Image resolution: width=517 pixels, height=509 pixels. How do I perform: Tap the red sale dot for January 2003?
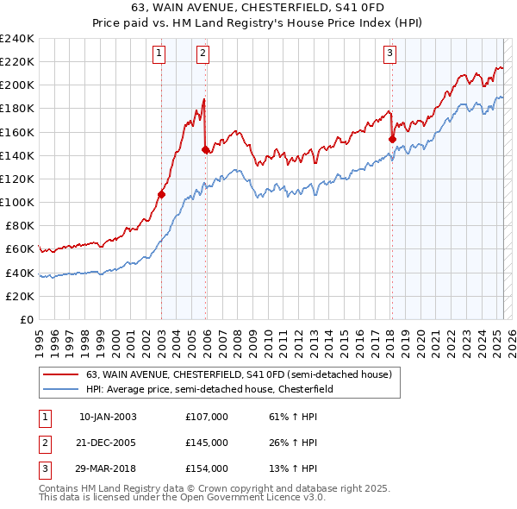[161, 194]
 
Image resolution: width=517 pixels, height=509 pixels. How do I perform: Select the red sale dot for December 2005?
[206, 150]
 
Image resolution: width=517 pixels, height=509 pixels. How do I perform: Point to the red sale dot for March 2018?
[392, 139]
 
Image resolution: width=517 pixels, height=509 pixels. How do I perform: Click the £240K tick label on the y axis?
[17, 39]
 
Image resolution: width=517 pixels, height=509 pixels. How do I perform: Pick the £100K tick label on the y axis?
[17, 202]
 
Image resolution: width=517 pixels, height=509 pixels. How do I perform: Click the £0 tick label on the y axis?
[26, 319]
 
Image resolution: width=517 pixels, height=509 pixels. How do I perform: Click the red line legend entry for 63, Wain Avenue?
[239, 374]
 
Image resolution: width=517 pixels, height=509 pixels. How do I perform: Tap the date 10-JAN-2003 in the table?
[108, 417]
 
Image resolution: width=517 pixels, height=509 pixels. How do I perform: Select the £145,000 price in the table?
[207, 443]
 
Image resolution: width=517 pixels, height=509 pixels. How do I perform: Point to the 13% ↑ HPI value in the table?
[294, 468]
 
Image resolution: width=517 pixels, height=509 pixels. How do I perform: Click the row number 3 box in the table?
[41, 468]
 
